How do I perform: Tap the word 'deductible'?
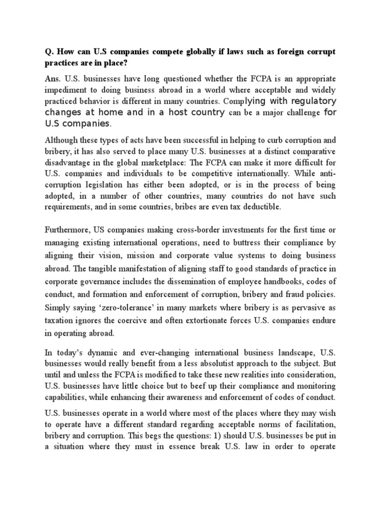[263, 207]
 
